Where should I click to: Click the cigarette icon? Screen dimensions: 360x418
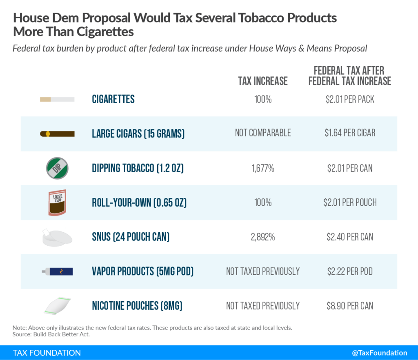(x=57, y=99)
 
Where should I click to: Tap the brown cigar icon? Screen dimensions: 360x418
(x=57, y=133)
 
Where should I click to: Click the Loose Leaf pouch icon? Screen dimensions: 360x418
(x=57, y=202)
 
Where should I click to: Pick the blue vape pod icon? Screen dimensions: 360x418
(x=57, y=271)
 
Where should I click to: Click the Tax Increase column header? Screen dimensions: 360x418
(x=263, y=81)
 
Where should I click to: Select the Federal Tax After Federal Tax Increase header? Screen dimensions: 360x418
(x=350, y=76)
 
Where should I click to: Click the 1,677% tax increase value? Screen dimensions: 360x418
(x=263, y=168)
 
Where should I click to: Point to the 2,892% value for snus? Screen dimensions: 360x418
(x=263, y=237)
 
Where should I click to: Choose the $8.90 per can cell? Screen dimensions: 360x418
(x=350, y=306)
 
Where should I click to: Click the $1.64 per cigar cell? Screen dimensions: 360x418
(x=350, y=133)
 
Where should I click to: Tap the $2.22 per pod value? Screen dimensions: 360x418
(x=350, y=271)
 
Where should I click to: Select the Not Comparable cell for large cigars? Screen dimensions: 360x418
(x=263, y=133)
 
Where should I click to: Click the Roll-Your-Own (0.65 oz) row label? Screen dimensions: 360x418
(x=139, y=202)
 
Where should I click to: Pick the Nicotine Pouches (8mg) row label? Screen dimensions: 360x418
(x=137, y=306)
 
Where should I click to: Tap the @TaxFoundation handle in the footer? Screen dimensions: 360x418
(x=380, y=353)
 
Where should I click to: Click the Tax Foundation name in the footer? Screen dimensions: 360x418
(x=47, y=353)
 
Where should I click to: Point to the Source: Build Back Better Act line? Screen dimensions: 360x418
(x=51, y=334)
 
